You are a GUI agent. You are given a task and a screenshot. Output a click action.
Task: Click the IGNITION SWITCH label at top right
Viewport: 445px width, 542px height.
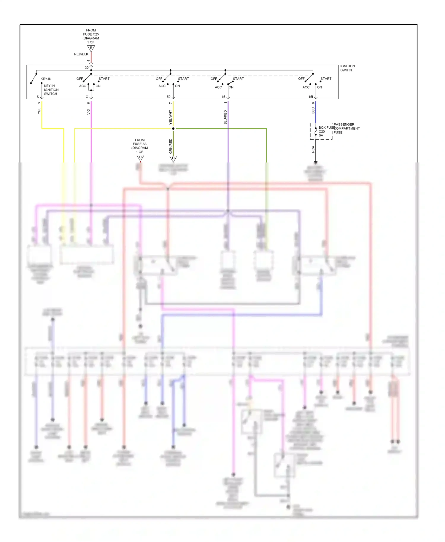pos(347,68)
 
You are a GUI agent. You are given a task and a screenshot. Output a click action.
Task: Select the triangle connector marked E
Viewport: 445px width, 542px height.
pos(91,48)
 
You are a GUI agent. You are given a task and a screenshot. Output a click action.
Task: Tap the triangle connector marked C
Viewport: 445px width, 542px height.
pos(140,158)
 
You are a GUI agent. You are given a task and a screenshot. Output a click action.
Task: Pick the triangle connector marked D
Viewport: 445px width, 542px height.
pos(173,158)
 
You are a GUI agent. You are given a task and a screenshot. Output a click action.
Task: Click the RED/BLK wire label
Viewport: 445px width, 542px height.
pos(81,54)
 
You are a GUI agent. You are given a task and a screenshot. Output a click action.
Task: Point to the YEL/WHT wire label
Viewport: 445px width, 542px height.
pos(170,117)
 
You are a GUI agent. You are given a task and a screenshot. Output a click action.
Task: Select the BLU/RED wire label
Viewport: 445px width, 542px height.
pos(225,117)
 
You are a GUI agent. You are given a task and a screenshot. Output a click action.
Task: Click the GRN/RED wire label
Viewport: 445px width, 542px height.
pos(171,146)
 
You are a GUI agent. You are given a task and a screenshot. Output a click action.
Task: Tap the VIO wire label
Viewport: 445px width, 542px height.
pos(88,112)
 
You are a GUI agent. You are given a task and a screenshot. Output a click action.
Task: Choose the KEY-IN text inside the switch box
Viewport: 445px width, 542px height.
pos(46,79)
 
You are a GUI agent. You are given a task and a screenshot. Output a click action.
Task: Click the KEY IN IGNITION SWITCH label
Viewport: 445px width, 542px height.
pos(51,90)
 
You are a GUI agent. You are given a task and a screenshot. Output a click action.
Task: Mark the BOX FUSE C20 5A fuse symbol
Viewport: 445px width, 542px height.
pos(316,131)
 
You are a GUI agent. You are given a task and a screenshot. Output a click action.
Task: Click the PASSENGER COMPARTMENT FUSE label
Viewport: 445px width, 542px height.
pos(346,128)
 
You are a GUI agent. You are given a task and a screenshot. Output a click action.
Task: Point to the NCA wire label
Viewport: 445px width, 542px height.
pos(313,149)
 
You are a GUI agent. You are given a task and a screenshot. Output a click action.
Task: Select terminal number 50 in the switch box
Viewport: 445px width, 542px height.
pos(169,97)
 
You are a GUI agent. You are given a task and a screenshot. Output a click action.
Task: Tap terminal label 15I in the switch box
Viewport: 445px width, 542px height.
pos(311,97)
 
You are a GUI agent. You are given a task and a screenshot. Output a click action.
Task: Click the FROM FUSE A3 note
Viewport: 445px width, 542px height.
pos(140,146)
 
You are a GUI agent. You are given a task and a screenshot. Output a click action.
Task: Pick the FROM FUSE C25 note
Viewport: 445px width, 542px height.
pos(91,36)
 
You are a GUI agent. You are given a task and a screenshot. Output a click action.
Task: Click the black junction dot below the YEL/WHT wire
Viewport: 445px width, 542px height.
pos(173,129)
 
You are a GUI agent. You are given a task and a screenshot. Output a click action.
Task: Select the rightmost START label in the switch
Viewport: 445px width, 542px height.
pos(326,79)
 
